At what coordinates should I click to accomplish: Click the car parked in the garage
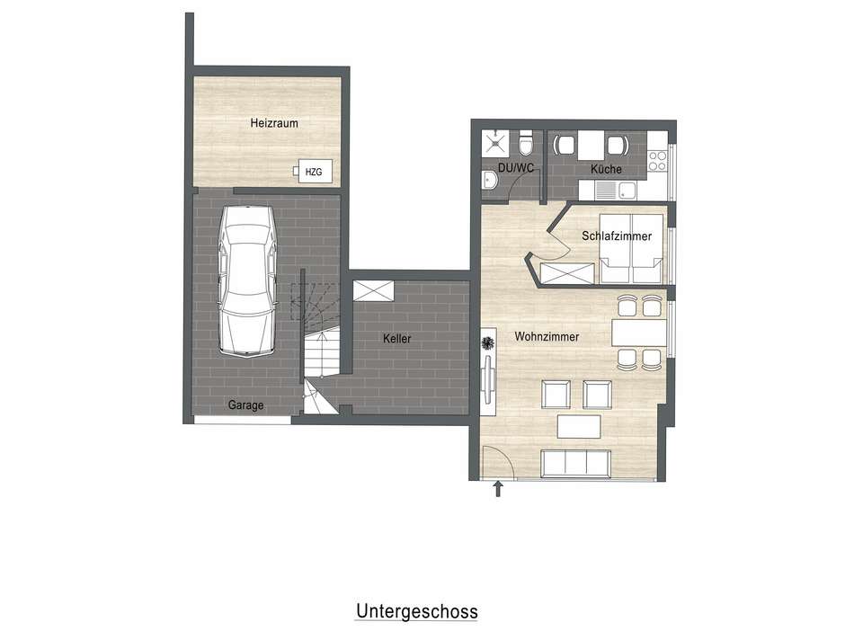click(245, 280)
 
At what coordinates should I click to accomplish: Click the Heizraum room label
click(273, 124)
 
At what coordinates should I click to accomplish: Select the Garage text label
click(245, 405)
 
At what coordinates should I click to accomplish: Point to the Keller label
click(396, 339)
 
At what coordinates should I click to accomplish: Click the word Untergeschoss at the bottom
click(416, 612)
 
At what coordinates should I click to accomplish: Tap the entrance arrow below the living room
click(498, 489)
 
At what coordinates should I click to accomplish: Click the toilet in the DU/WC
click(528, 144)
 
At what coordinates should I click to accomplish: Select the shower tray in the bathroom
click(494, 144)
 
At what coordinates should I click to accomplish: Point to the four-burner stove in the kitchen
click(657, 160)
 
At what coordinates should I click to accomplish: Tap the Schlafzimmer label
click(616, 236)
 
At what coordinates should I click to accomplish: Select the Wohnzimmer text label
click(547, 337)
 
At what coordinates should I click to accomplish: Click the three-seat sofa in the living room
click(575, 463)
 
